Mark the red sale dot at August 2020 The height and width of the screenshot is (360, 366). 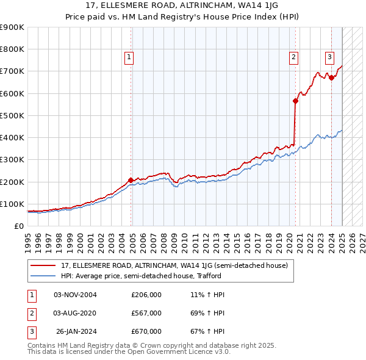295,101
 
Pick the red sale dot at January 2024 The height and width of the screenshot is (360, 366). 331,78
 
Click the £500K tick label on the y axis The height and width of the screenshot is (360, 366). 12,115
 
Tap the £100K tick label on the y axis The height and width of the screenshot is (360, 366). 12,204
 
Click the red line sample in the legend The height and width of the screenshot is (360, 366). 43,265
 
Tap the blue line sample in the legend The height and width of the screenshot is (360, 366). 43,276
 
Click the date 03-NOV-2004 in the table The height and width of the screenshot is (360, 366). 76,295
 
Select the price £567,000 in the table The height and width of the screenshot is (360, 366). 146,313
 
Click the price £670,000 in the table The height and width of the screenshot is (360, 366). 146,331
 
